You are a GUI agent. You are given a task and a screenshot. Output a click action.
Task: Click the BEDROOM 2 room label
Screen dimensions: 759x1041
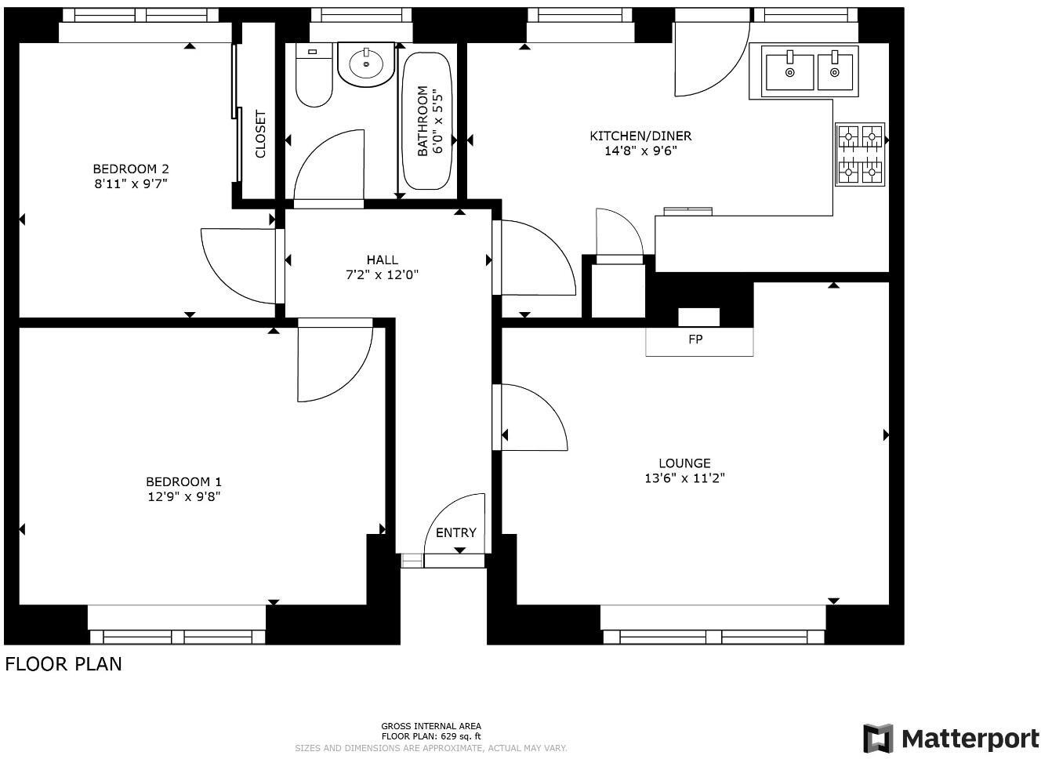coord(130,169)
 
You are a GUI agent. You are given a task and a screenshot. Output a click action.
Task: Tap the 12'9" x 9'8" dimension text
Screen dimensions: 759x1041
coord(183,496)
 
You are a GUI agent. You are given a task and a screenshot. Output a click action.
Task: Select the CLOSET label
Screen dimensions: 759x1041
coord(260,134)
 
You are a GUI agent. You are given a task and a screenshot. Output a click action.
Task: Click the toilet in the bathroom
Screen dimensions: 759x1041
coord(314,76)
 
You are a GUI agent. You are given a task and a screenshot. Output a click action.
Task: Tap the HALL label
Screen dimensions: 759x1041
coord(382,260)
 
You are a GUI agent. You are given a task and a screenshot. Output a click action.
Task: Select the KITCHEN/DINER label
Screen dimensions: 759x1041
coord(640,136)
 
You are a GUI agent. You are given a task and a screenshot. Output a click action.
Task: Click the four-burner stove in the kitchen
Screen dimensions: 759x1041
coord(860,154)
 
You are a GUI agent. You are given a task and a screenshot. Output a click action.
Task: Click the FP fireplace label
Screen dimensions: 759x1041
coord(695,340)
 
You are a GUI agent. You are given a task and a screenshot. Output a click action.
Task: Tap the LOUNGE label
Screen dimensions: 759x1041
coord(684,463)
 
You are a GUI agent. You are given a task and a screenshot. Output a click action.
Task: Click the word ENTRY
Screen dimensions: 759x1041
coord(455,532)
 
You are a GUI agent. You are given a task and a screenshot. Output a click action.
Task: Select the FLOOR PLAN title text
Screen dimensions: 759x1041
coord(63,664)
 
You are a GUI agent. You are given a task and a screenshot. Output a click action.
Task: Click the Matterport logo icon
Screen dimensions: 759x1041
coord(878,739)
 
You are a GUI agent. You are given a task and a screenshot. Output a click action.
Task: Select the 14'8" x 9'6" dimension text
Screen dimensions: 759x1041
coord(640,151)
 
